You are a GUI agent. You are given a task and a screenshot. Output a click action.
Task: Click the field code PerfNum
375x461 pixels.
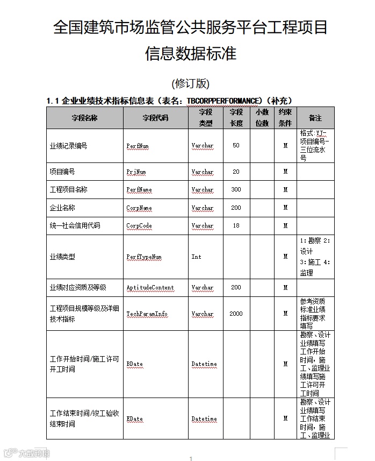138,146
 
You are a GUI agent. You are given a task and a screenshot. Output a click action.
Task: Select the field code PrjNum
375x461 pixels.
136,172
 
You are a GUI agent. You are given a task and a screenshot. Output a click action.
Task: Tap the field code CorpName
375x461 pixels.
139,208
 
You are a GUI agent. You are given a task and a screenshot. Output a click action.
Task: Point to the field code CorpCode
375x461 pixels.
139,226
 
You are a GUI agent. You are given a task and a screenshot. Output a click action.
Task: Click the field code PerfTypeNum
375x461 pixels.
144,257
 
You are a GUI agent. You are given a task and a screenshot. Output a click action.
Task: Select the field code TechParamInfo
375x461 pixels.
147,314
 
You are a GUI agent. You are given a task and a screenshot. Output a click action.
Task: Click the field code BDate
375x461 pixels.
135,364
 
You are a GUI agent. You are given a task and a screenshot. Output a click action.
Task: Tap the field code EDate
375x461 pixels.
135,419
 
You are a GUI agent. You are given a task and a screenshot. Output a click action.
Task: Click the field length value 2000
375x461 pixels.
236,314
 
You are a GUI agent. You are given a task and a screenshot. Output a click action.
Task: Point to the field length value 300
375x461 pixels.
236,190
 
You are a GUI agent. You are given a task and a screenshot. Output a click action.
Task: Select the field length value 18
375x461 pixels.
236,226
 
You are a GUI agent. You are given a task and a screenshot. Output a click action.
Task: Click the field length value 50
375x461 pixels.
236,146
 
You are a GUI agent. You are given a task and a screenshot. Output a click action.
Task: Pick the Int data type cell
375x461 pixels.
197,257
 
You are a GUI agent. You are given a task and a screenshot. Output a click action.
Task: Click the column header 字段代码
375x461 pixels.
155,118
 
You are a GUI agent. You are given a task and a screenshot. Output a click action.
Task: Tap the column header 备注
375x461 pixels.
315,118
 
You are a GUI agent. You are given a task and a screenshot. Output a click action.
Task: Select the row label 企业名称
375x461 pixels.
62,208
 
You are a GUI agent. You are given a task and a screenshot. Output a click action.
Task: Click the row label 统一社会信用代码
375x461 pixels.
75,226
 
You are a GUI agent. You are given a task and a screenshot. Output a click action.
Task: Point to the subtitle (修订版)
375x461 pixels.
190,83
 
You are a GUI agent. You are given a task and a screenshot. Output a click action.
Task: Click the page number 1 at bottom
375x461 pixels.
191,458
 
